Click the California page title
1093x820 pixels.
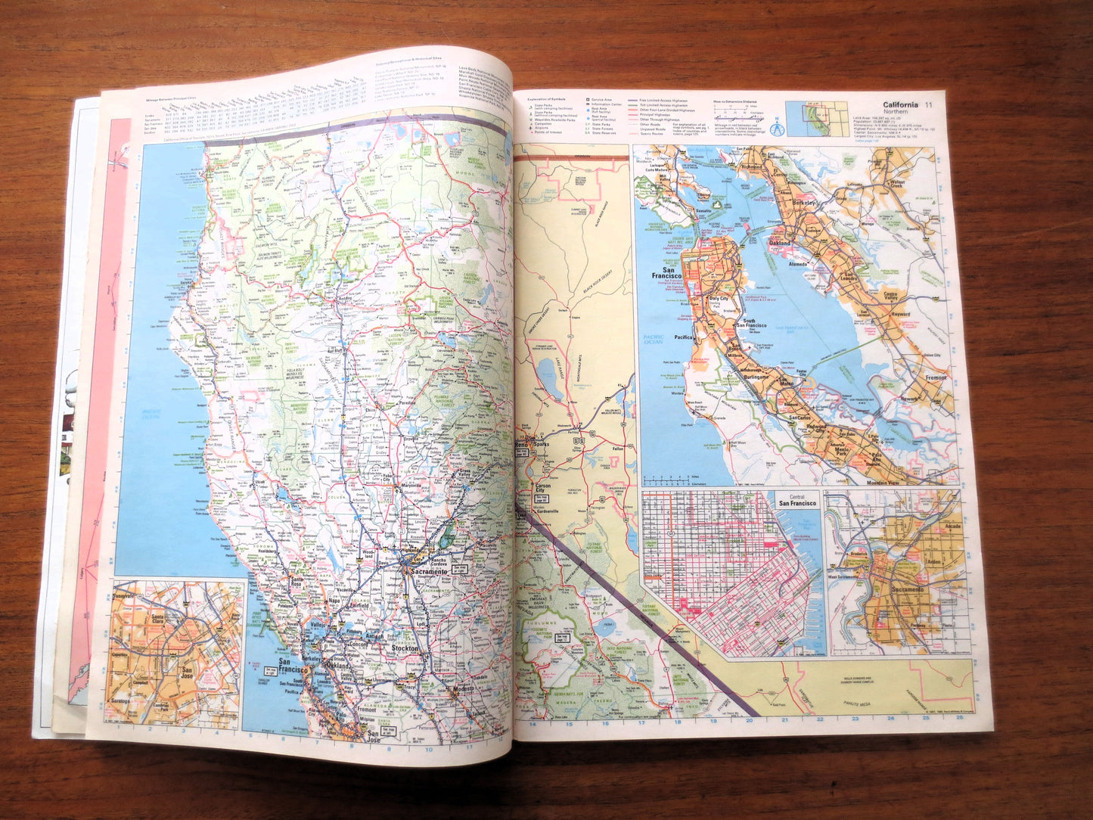click(x=895, y=104)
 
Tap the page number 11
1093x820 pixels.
click(x=928, y=104)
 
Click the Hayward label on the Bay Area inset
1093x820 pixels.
click(x=899, y=313)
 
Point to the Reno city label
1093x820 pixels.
click(x=521, y=446)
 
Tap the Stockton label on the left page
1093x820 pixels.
click(x=405, y=649)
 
